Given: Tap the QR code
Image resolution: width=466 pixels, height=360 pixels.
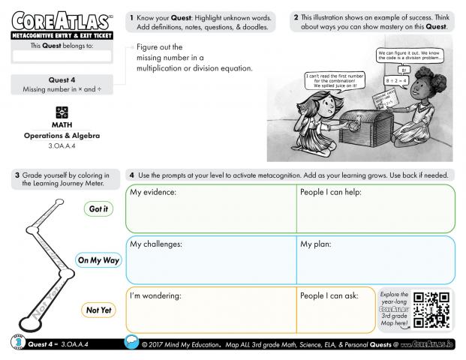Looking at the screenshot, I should [431, 310].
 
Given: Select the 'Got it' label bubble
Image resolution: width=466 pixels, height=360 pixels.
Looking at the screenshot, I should [98, 209].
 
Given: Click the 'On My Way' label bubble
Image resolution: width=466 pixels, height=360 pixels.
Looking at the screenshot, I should [98, 260].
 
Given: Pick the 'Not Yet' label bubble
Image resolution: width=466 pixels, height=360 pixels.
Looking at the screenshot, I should [98, 310].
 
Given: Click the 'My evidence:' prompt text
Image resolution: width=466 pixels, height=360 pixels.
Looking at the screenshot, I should [153, 193].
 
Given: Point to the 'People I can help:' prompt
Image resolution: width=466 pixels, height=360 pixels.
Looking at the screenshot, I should [331, 193].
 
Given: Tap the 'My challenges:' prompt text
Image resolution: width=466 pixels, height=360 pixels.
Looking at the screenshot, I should [156, 244].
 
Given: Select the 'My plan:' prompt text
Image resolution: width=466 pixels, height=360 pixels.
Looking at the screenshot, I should [317, 244].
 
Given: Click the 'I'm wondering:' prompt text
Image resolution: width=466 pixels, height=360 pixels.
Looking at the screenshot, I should [156, 295].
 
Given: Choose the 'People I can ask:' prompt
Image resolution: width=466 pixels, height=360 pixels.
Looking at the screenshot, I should [329, 295].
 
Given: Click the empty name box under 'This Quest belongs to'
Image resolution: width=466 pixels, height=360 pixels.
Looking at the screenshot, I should [62, 55].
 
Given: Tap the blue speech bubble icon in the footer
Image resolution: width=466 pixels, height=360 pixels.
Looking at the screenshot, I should [132, 343].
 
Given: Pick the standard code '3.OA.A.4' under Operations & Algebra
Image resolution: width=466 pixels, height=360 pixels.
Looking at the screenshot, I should [62, 145].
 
